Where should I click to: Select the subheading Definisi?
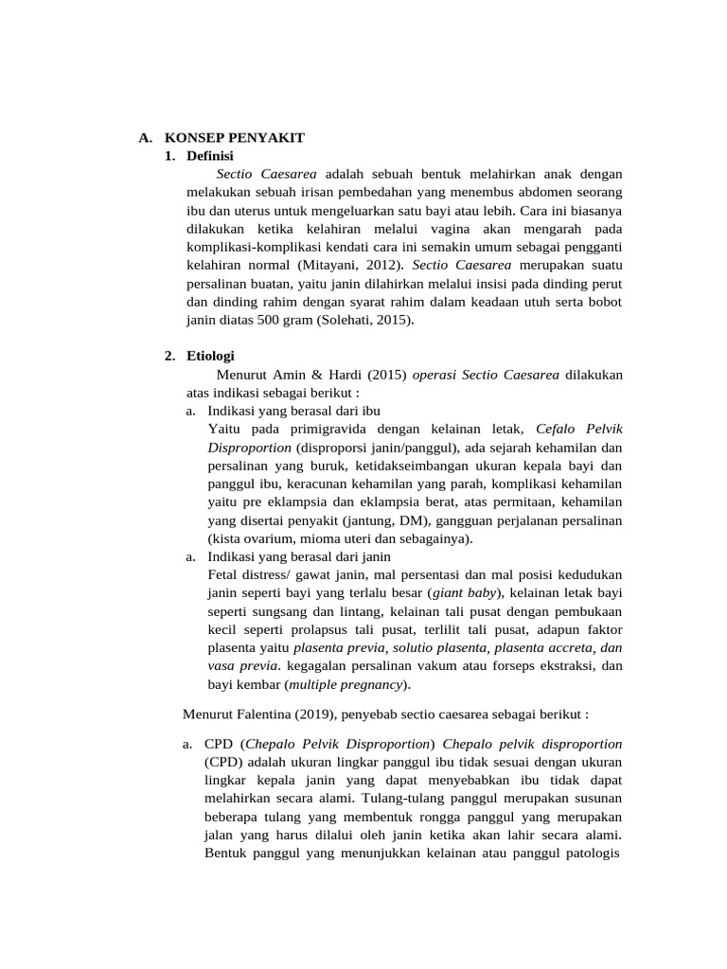click(210, 155)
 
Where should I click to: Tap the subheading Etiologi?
click(210, 356)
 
